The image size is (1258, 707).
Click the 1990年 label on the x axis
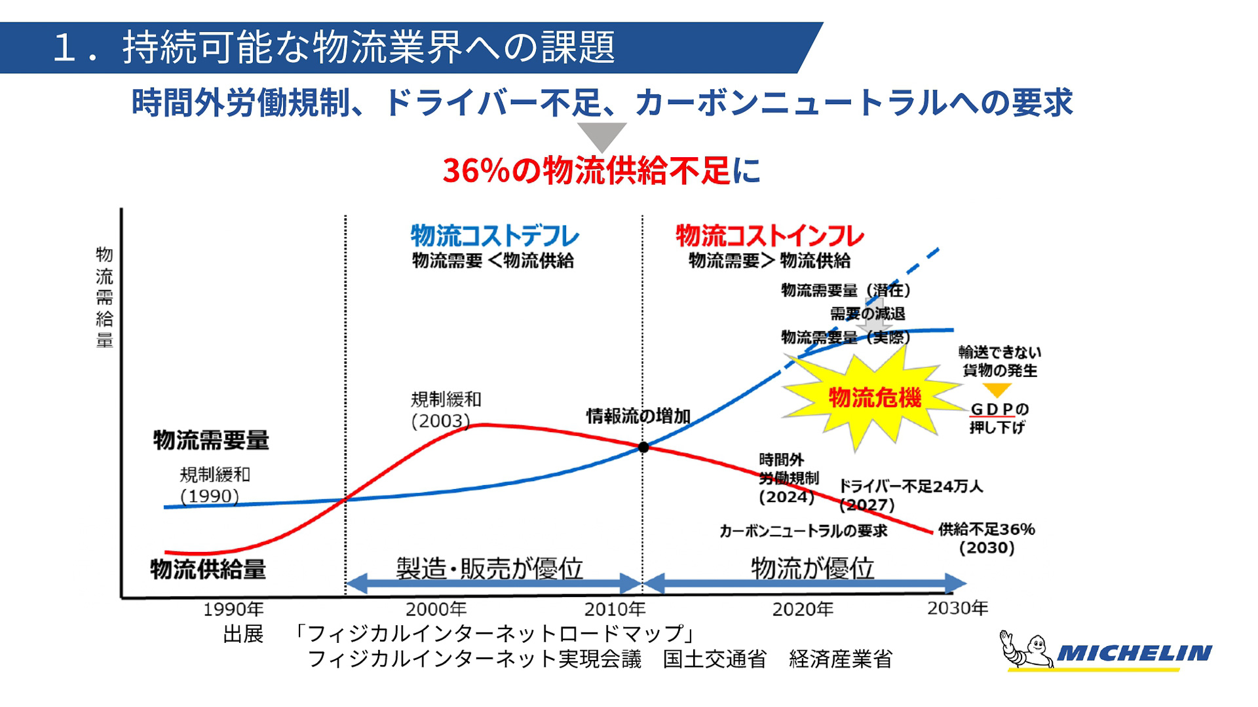(233, 609)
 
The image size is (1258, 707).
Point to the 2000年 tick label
(436, 609)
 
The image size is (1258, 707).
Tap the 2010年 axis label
(615, 609)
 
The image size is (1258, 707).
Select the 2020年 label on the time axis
(803, 609)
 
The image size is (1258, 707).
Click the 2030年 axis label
(957, 608)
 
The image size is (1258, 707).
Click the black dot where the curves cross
(643, 447)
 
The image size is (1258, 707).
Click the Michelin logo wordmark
(1134, 653)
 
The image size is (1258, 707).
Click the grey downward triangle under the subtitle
(601, 135)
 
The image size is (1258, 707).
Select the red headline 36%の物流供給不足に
(601, 171)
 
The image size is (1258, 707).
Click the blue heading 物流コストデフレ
(495, 236)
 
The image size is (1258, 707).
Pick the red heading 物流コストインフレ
(770, 236)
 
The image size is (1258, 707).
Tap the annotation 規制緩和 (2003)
(446, 410)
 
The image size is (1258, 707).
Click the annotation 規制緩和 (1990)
(214, 485)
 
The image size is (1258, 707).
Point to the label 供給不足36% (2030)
(986, 538)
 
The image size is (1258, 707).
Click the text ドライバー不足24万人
(911, 486)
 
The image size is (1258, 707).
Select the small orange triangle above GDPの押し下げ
(997, 391)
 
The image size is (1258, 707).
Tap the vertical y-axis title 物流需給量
(105, 297)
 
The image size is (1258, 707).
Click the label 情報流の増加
(638, 416)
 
